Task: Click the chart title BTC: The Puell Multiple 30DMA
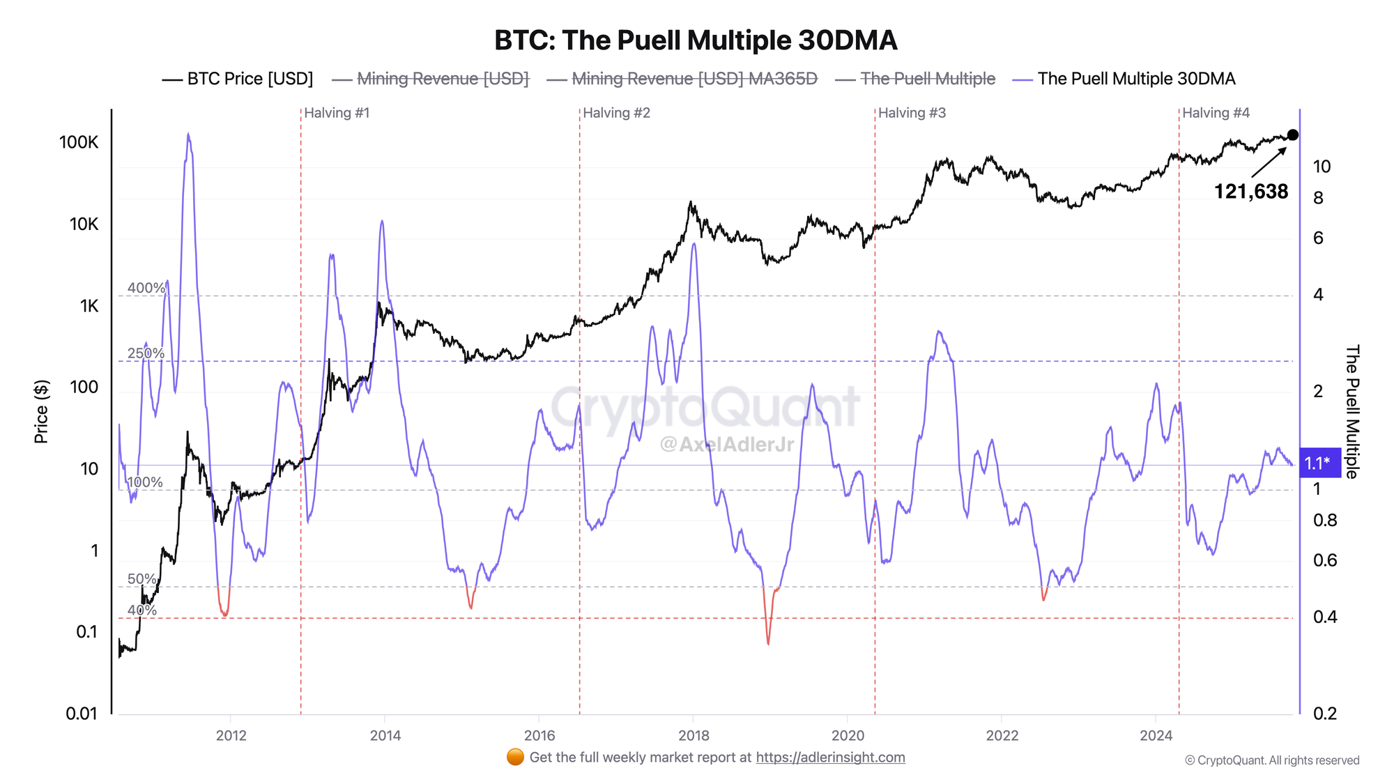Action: pyautogui.click(x=696, y=40)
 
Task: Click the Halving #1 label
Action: pyautogui.click(x=337, y=113)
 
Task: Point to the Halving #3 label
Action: pyautogui.click(x=912, y=113)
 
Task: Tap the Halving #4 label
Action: pyautogui.click(x=1216, y=113)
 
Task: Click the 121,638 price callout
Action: pyautogui.click(x=1251, y=192)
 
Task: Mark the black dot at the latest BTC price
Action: pyautogui.click(x=1293, y=134)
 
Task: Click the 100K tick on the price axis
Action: pyautogui.click(x=79, y=143)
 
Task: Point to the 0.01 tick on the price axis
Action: pyautogui.click(x=82, y=714)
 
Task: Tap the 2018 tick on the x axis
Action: pyautogui.click(x=694, y=735)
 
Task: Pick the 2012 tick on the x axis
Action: pyautogui.click(x=231, y=735)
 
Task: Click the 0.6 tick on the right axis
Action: pyautogui.click(x=1325, y=560)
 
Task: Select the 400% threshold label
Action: pyautogui.click(x=146, y=288)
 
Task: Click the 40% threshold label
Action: pyautogui.click(x=142, y=610)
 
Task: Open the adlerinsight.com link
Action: pyautogui.click(x=830, y=758)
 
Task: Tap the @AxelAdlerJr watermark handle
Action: pyautogui.click(x=727, y=444)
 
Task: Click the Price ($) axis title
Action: pyautogui.click(x=42, y=412)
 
